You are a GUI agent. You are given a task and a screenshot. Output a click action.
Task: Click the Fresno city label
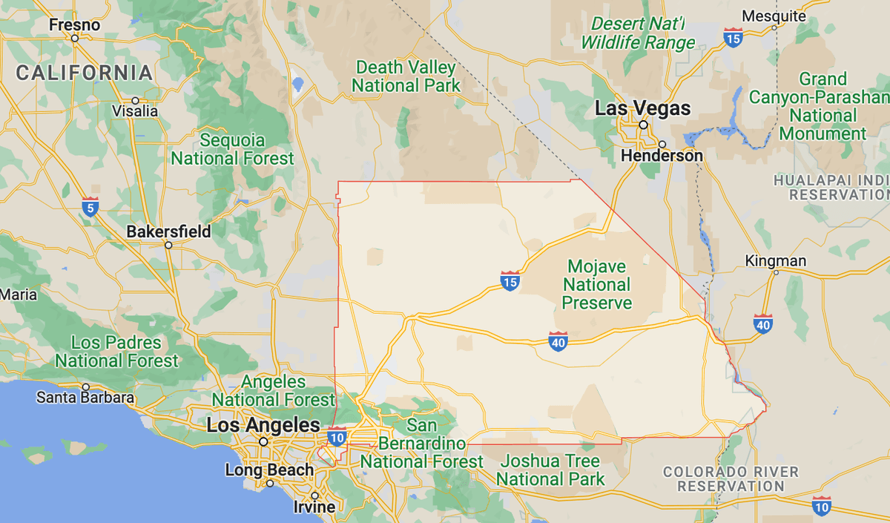point(74,25)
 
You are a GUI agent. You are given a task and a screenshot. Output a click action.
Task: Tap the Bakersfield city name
point(168,231)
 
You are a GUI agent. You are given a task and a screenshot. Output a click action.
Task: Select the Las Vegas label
point(643,109)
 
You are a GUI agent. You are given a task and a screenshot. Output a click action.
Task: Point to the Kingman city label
point(775,261)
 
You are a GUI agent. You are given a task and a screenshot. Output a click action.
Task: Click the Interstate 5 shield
point(90,207)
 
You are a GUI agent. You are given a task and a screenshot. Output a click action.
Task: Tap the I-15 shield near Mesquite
point(733,37)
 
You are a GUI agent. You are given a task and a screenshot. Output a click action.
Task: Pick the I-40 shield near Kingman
point(762,323)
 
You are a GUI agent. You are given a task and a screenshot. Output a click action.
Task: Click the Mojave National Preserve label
point(597,284)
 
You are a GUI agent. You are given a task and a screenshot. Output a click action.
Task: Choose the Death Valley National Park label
point(406,76)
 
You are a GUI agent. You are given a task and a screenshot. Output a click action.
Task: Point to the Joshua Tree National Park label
point(550,470)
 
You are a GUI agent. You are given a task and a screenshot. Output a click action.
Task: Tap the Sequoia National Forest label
point(233,149)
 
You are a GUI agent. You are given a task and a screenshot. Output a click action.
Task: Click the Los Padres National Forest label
point(116,352)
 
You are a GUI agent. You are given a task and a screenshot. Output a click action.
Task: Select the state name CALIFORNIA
point(85,73)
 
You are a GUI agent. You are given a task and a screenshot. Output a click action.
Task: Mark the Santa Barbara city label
point(86,398)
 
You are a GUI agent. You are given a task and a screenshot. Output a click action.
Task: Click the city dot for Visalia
point(135,100)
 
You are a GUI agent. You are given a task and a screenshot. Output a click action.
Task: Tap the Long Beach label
point(270,470)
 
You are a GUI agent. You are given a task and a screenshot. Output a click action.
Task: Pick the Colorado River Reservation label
point(731,479)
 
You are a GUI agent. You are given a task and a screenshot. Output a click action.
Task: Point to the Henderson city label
point(662,156)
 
